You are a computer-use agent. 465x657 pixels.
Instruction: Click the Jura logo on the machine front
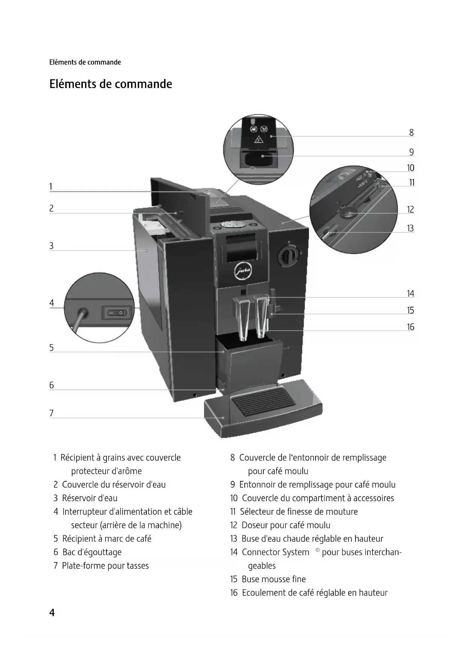(x=243, y=272)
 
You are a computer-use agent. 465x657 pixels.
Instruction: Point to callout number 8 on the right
(x=411, y=133)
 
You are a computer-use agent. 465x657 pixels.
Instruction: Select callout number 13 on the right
(x=410, y=228)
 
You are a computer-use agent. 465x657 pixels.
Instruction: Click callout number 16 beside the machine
(x=410, y=327)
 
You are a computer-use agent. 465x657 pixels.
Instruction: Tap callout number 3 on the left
(x=52, y=246)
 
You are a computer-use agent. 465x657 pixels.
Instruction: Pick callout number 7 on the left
(x=52, y=414)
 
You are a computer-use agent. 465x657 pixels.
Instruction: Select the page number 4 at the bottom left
(x=52, y=613)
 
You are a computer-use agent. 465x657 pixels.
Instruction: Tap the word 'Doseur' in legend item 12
(x=254, y=525)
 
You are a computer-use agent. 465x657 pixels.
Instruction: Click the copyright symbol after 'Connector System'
(x=317, y=550)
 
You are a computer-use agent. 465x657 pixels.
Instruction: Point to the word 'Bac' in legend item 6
(x=69, y=552)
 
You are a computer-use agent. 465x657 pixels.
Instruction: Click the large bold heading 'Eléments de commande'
(x=111, y=84)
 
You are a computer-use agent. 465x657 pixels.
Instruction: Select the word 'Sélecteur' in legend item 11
(x=257, y=512)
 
